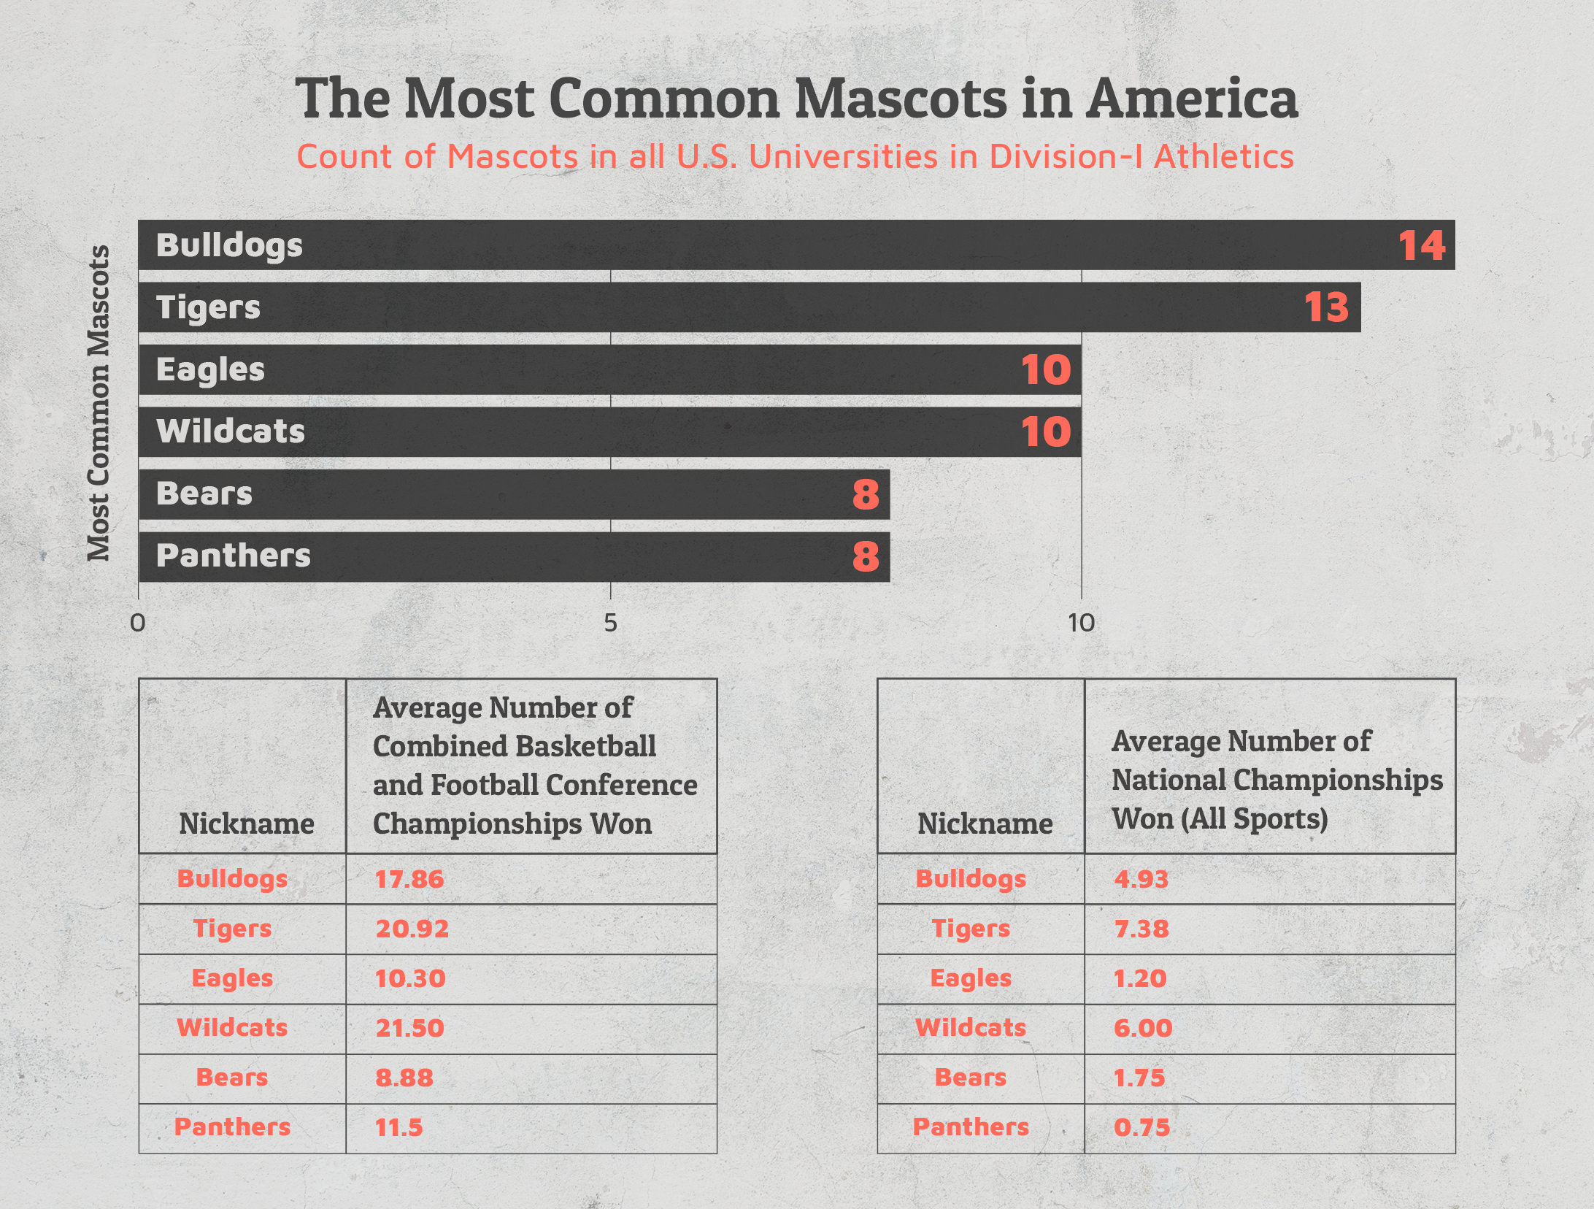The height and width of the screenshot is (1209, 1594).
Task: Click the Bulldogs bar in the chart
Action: [796, 245]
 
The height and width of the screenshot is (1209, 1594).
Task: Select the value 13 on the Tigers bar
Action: [1326, 307]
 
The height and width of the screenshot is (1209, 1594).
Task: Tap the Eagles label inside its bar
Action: [210, 369]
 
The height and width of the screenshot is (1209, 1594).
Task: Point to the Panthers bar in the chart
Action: [514, 556]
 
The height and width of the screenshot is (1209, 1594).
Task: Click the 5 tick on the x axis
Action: [610, 623]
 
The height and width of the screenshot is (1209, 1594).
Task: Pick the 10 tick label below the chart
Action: [1081, 623]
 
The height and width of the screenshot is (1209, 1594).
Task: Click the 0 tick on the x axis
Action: [137, 623]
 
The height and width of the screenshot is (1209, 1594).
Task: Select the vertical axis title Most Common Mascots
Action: [99, 403]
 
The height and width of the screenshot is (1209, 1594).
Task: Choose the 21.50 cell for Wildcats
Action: [409, 1028]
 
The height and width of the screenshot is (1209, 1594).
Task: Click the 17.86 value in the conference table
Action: [409, 879]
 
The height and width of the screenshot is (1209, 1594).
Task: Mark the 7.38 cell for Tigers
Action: [1141, 929]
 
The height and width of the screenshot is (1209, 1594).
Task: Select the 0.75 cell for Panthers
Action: [1141, 1127]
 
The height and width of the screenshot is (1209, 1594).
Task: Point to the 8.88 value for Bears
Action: [404, 1078]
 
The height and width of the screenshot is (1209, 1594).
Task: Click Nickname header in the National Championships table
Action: [985, 824]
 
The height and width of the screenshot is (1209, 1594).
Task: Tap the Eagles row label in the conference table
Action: [232, 978]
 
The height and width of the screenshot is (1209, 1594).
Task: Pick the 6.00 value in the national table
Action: [1142, 1028]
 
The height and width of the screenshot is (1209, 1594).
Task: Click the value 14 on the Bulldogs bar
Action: [1421, 245]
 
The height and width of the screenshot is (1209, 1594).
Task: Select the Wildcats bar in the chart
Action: [609, 432]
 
